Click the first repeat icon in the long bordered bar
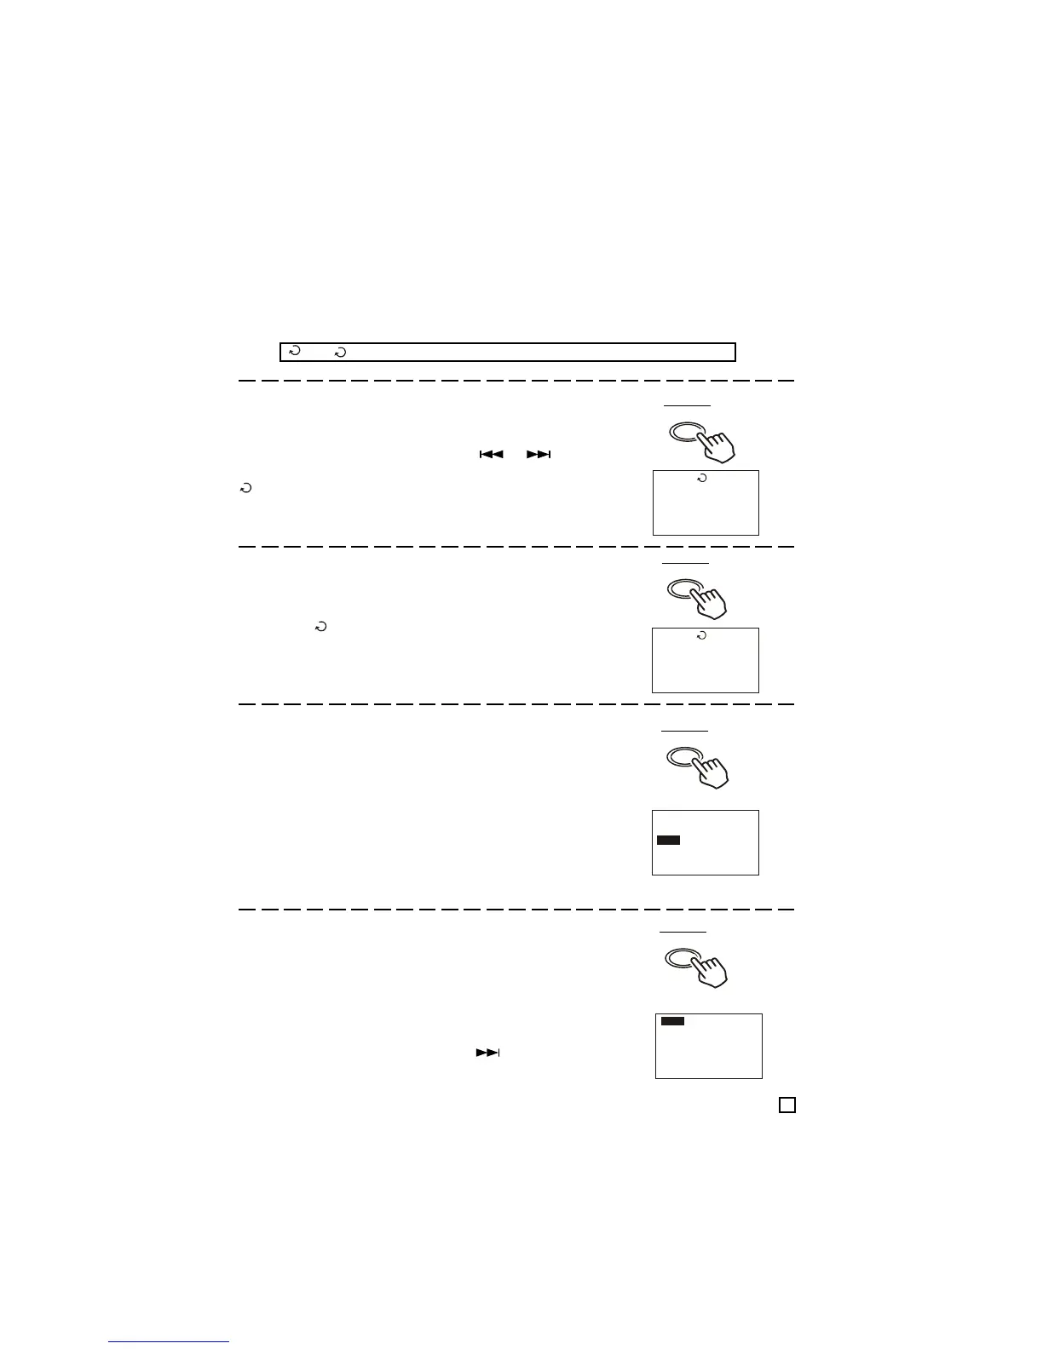(x=294, y=351)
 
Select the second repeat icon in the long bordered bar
(x=341, y=351)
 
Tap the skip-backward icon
(x=491, y=456)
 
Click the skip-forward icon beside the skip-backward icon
(x=539, y=456)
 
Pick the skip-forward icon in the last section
(x=487, y=1053)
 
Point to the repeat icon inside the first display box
(x=701, y=479)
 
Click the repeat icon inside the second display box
(x=701, y=636)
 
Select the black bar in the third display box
(x=669, y=841)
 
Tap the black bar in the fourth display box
(x=673, y=1021)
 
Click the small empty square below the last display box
(x=787, y=1105)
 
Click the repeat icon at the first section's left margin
(x=245, y=489)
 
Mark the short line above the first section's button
(x=688, y=405)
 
